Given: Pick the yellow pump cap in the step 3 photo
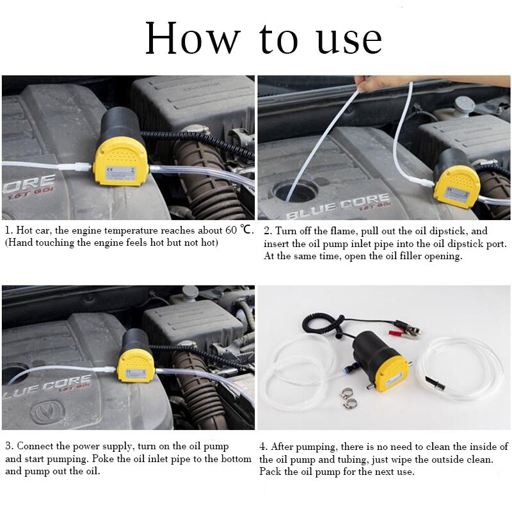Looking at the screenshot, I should coord(136,365).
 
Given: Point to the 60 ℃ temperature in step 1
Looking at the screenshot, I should coord(236,230).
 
